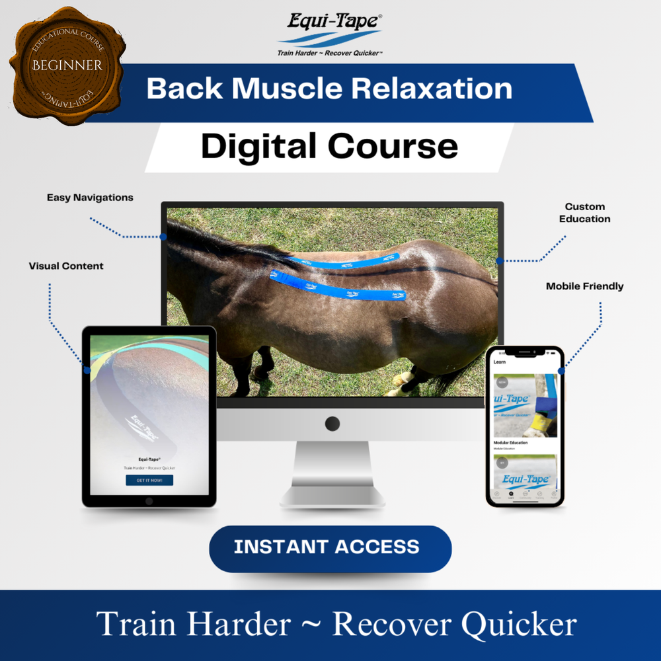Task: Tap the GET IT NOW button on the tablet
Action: tap(149, 480)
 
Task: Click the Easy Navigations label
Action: tap(90, 198)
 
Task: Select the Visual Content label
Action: tap(66, 266)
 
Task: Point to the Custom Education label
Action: tap(584, 213)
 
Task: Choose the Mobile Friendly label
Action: tap(584, 286)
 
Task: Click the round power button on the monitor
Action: tap(332, 424)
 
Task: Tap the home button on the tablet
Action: tap(149, 501)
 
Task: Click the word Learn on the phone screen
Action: tap(500, 362)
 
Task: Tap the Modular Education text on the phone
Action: tap(510, 442)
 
